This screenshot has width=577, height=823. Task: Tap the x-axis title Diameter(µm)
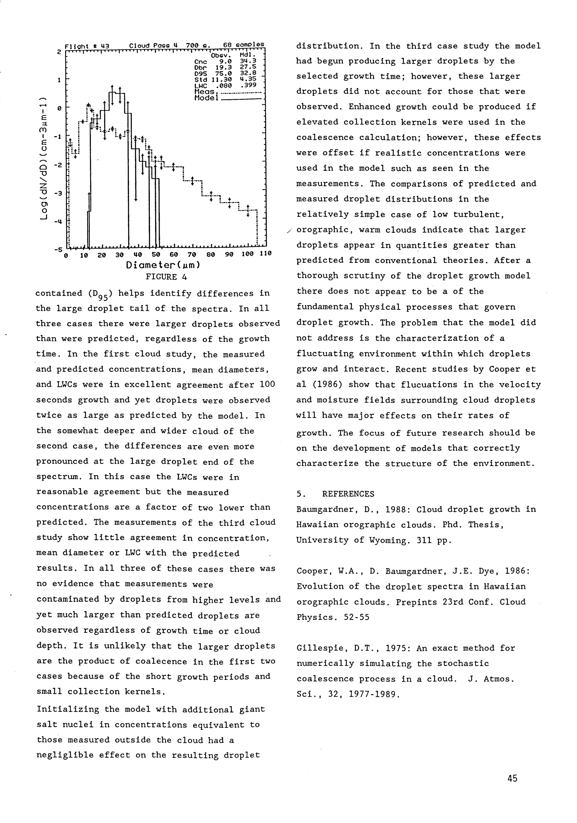click(x=163, y=265)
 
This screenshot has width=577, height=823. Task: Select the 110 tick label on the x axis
click(x=265, y=254)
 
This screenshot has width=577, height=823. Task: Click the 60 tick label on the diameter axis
click(x=174, y=254)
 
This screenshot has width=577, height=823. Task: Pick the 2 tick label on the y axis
click(x=59, y=51)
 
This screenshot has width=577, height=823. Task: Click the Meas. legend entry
click(x=204, y=92)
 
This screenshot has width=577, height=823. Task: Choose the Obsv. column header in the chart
click(x=221, y=56)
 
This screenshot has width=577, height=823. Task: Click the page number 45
click(x=512, y=778)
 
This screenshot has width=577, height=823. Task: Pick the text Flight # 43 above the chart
click(x=87, y=46)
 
